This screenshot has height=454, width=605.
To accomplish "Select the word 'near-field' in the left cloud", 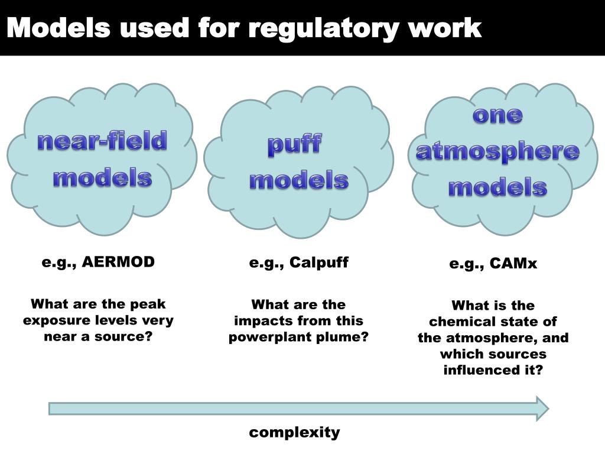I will (x=102, y=141).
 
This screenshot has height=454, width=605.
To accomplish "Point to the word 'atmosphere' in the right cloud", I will (x=497, y=151).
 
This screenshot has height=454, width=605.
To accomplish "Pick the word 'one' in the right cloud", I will (x=497, y=115).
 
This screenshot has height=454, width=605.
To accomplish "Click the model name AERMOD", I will (x=118, y=262).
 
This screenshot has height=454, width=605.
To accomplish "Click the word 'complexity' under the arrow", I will (x=294, y=433).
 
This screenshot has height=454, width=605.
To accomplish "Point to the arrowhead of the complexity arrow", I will (x=542, y=408).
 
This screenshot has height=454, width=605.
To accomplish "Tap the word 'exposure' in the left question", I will (x=57, y=321).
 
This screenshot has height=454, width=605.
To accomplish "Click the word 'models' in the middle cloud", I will (x=298, y=181).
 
